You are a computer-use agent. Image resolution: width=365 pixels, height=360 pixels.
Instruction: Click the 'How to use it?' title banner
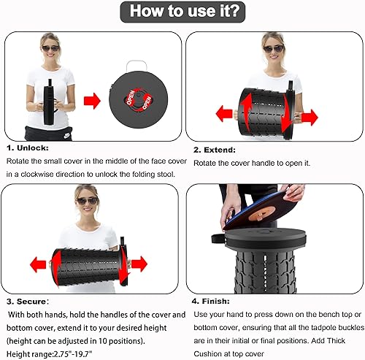tap(182, 12)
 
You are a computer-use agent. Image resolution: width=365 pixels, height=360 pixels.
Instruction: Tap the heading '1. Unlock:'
tap(28, 148)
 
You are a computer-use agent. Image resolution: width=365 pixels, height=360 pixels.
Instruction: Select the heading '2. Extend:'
tap(215, 150)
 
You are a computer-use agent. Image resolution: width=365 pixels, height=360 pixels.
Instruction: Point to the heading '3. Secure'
tap(26, 302)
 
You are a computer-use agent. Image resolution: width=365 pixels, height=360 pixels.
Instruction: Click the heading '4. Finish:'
tap(211, 302)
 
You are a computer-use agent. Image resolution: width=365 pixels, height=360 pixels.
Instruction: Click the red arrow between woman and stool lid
tap(92, 101)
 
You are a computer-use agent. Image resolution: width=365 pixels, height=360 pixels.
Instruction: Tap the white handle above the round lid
tap(137, 66)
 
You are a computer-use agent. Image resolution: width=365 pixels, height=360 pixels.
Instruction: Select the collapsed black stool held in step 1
tap(48, 102)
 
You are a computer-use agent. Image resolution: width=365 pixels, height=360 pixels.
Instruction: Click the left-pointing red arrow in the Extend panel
tap(224, 114)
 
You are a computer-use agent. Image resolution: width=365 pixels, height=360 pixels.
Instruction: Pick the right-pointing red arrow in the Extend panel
tap(310, 118)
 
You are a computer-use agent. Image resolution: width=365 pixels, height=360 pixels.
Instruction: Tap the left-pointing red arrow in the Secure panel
tap(38, 264)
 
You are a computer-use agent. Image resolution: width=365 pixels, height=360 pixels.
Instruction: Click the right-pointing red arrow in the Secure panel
tap(139, 264)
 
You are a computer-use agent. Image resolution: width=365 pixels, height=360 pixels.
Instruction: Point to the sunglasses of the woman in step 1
tap(50, 48)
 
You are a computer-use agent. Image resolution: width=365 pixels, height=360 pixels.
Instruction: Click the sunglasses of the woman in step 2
tap(274, 49)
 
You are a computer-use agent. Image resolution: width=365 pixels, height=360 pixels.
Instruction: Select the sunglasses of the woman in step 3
tap(88, 201)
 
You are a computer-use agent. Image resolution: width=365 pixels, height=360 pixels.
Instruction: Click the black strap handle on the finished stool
tap(218, 239)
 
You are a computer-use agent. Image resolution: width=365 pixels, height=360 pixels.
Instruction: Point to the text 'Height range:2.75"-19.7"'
tap(50, 354)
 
